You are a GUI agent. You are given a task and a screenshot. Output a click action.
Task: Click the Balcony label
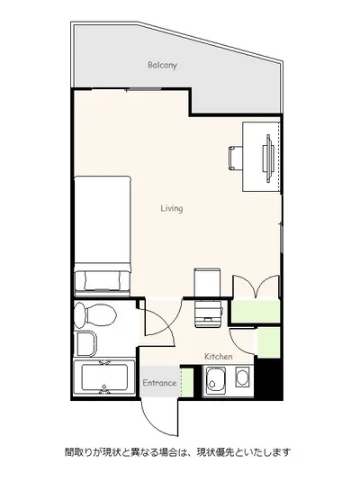(x=162, y=65)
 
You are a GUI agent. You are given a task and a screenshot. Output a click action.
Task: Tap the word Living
(x=172, y=208)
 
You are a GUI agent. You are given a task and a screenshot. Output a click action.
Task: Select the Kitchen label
(x=219, y=357)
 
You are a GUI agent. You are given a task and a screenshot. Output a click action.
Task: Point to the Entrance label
(x=159, y=383)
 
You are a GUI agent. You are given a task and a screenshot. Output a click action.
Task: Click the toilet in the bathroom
(x=94, y=314)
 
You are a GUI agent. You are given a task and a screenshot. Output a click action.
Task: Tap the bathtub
(x=104, y=377)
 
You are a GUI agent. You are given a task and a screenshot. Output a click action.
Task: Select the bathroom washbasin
(x=85, y=343)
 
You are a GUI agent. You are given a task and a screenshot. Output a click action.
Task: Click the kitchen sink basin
(x=216, y=380)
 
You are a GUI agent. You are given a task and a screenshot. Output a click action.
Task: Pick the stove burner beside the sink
(x=242, y=377)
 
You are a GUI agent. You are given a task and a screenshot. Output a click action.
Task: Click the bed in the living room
(x=103, y=236)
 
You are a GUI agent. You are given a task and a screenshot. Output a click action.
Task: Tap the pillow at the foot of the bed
(x=103, y=280)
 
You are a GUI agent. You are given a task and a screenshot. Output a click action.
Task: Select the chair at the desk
(x=235, y=159)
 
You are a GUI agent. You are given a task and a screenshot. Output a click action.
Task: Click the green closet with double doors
(x=256, y=311)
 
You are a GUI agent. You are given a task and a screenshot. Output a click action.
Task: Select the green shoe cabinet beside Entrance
(x=187, y=382)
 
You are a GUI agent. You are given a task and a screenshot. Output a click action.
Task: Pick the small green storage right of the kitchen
(x=268, y=342)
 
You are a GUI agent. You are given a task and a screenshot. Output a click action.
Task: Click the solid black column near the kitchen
(x=269, y=378)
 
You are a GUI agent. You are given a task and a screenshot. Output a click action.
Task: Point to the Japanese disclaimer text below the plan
(x=177, y=452)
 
